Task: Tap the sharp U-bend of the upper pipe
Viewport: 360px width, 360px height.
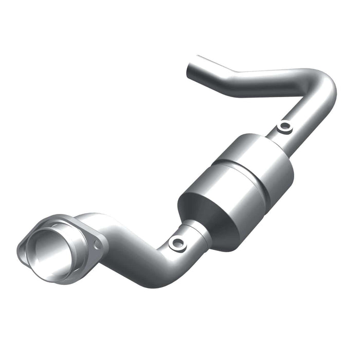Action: [323, 90]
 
